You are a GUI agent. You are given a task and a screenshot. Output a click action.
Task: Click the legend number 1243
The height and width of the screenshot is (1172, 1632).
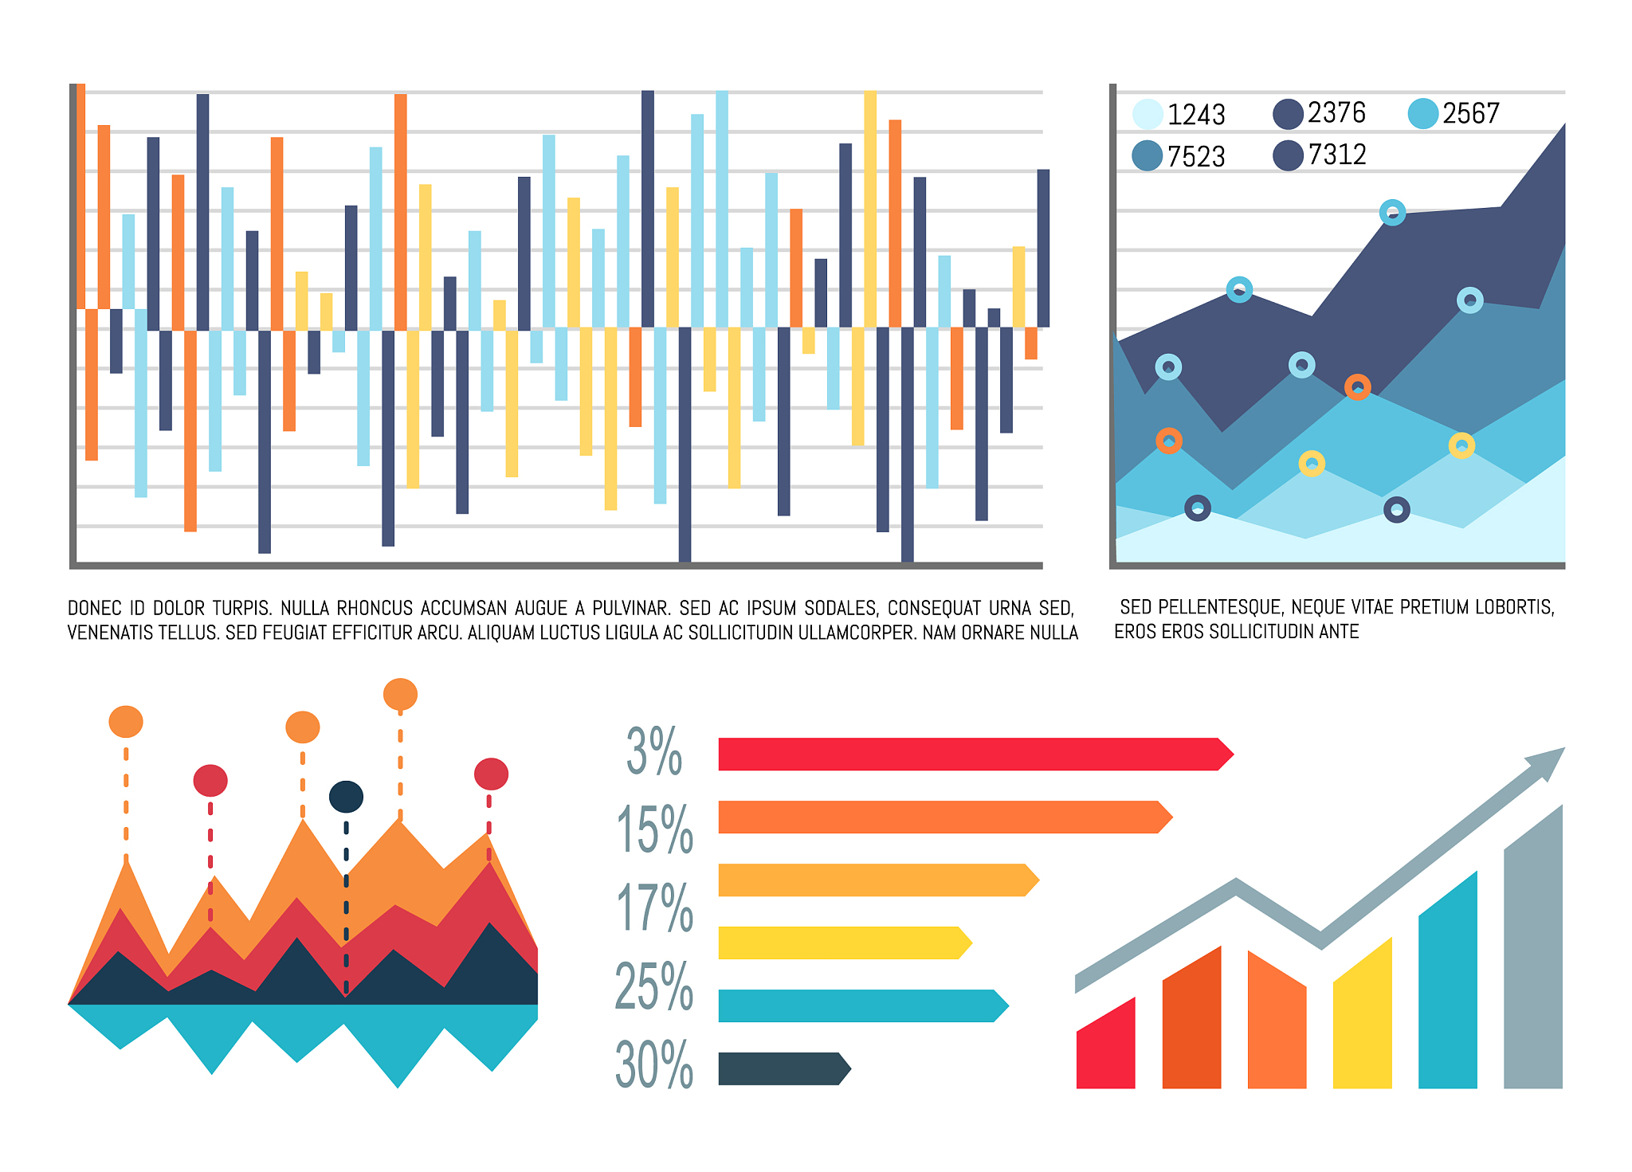coord(1195,115)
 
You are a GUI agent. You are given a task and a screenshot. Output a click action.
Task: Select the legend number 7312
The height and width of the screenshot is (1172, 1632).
coord(1336,155)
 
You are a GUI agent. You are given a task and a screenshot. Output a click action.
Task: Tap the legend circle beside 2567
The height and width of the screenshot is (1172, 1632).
coord(1422,113)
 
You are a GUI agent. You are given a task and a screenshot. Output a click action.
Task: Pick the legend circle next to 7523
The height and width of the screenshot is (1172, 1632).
coord(1147,155)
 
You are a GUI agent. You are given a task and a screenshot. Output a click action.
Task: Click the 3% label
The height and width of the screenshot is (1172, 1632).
coord(654,751)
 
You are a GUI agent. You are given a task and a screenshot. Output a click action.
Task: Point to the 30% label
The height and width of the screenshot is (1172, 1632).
coord(654,1064)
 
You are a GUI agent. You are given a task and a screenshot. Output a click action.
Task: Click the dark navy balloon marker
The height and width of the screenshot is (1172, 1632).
coord(346,797)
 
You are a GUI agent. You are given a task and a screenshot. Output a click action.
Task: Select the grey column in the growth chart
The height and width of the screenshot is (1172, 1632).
coord(1532,956)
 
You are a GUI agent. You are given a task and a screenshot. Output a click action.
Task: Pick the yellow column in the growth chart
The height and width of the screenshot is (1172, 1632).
coord(1362,1020)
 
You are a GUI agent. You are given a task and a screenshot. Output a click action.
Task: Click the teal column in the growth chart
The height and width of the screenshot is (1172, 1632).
coord(1447,988)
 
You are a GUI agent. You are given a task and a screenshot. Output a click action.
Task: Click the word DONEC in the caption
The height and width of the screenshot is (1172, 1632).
coord(95,609)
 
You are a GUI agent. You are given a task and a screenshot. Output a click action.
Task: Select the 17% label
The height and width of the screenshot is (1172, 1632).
coord(654,907)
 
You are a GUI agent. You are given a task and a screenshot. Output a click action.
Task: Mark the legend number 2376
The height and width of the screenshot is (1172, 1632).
coord(1336,113)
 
